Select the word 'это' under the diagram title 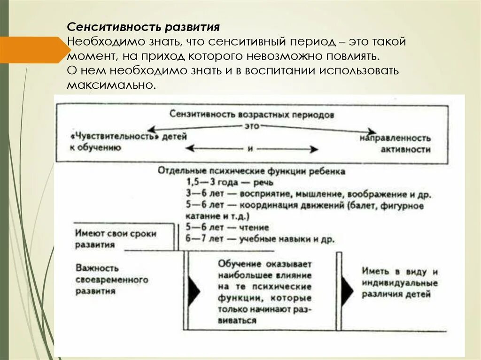point(252,126)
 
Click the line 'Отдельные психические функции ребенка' point(252,171)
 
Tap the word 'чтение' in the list point(255,228)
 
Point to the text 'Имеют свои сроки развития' point(116,239)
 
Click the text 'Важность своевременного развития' point(112,279)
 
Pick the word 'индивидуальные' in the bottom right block point(400,283)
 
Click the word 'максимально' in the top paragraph point(110,86)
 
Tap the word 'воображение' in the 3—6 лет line point(369,193)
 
